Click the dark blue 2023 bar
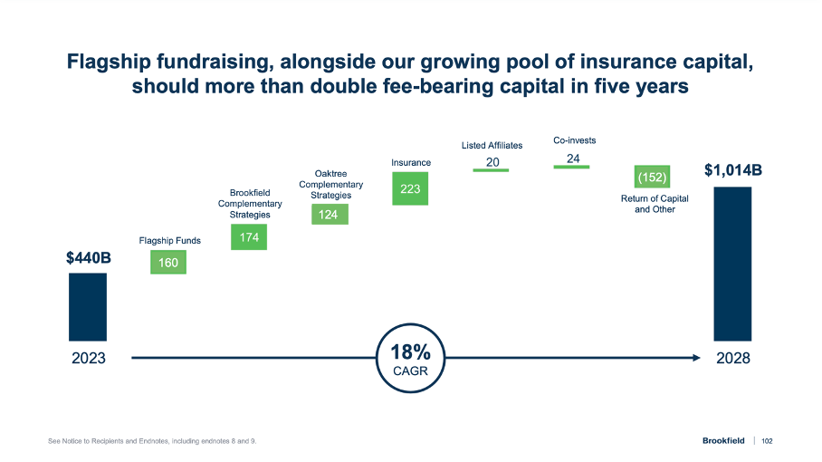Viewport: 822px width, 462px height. click(x=88, y=306)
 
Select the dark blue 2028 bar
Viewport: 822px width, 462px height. click(x=732, y=263)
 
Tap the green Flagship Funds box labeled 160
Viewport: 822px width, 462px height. click(x=168, y=262)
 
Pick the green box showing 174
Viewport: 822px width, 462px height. click(x=249, y=237)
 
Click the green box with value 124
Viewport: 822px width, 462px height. click(x=330, y=215)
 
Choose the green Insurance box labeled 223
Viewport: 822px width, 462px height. click(x=410, y=189)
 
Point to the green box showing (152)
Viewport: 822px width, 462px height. click(x=652, y=176)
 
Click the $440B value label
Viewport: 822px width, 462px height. click(x=88, y=258)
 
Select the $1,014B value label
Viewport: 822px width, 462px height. click(x=732, y=169)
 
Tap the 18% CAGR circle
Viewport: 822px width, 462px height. click(x=410, y=358)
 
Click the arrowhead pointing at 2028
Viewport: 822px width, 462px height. click(x=696, y=358)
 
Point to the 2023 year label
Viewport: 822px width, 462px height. click(x=88, y=358)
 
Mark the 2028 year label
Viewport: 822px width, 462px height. click(x=732, y=358)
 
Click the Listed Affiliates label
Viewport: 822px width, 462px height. click(x=492, y=145)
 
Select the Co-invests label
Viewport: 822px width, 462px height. click(x=574, y=140)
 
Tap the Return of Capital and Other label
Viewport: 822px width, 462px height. click(x=655, y=204)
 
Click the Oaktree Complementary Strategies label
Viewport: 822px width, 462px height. click(x=330, y=184)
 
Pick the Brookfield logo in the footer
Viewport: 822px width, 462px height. click(x=722, y=441)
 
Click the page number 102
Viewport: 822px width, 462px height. click(x=767, y=441)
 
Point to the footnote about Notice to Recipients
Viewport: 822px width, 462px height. click(x=152, y=441)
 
